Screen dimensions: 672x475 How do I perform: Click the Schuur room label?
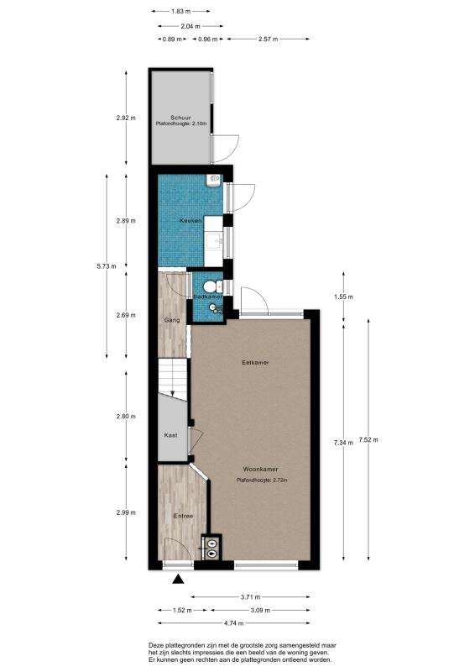(x=179, y=117)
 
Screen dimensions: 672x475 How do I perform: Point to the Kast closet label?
(x=170, y=435)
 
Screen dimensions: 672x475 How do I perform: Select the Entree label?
(x=183, y=515)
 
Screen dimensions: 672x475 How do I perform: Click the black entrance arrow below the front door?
(x=178, y=579)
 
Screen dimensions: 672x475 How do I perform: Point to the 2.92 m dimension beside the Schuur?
(x=126, y=118)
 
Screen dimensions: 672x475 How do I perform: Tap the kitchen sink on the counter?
(x=219, y=241)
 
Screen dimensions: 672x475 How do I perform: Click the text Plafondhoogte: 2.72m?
(x=262, y=480)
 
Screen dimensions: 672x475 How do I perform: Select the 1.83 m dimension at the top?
(x=180, y=12)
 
